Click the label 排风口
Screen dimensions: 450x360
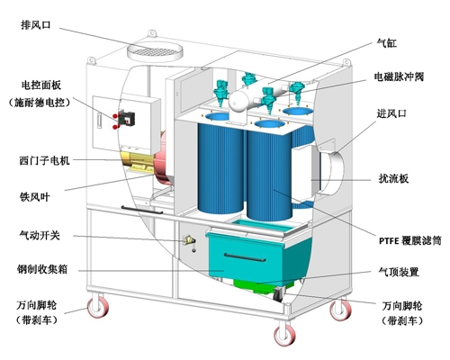click(36, 25)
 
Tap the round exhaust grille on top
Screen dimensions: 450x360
click(155, 52)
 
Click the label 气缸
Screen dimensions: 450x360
click(387, 43)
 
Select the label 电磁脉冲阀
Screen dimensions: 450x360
click(399, 76)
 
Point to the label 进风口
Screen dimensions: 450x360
click(391, 113)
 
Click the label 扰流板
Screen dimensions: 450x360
click(393, 179)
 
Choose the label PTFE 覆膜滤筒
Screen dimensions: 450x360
click(410, 240)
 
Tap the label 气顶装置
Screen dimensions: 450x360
click(399, 272)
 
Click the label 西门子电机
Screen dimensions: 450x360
click(45, 161)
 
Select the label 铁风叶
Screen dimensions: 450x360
click(34, 197)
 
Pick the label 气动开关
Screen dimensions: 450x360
click(40, 235)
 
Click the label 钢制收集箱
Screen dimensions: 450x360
click(42, 269)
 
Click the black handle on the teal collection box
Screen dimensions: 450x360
click(245, 257)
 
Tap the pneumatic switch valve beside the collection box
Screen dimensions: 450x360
click(190, 241)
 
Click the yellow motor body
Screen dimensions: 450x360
click(138, 163)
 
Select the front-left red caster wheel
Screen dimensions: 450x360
click(97, 307)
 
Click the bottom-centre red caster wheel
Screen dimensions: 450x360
click(284, 335)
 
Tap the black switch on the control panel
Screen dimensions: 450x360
click(126, 118)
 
